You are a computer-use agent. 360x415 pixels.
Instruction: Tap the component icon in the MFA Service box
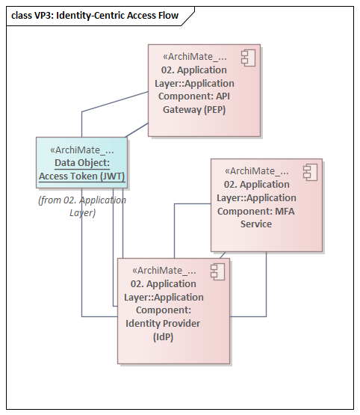(x=308, y=171)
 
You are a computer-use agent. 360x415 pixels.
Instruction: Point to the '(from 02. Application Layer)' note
(x=82, y=206)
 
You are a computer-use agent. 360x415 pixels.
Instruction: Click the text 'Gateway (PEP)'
(x=194, y=109)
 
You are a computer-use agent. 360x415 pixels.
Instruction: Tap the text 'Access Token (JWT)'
(x=82, y=177)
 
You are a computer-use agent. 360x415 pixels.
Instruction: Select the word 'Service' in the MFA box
(x=256, y=224)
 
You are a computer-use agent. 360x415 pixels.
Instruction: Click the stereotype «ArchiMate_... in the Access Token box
(x=82, y=149)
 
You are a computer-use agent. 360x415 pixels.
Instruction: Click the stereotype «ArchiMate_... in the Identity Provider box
(x=164, y=270)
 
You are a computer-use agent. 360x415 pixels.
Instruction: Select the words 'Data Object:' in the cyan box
(x=82, y=162)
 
